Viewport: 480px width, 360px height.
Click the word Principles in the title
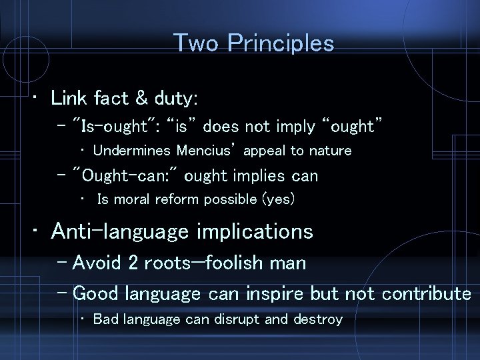(281, 43)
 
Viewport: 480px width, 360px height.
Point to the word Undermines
(132, 151)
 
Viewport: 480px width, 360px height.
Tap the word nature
(327, 151)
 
